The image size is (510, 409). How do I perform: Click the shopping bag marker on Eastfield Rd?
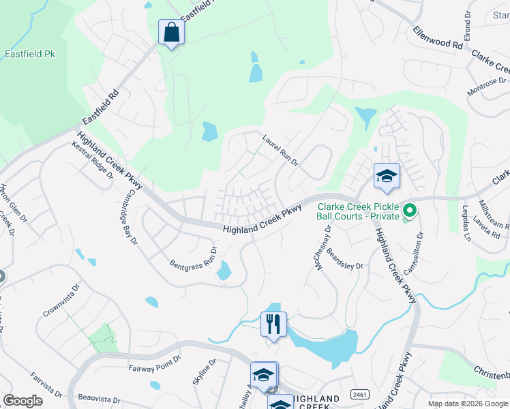170,33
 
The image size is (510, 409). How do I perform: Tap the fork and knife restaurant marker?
273,324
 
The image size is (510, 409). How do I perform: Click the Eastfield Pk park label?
29,54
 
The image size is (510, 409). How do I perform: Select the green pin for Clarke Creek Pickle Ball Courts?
409,211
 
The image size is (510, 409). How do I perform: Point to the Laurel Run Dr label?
281,150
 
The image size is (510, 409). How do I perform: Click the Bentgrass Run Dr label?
194,258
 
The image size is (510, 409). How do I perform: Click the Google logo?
22,401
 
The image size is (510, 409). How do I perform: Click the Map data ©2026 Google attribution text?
468,404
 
